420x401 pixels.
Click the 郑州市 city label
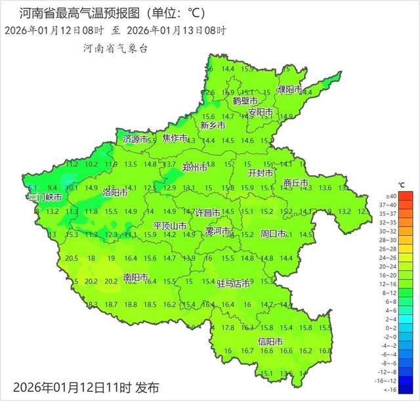[x=195, y=168]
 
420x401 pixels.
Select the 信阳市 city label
[x=270, y=341]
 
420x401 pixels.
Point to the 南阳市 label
[x=136, y=278]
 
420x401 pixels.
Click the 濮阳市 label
[x=289, y=89]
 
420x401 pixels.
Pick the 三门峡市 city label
[x=45, y=197]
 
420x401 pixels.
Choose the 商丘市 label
[x=296, y=183]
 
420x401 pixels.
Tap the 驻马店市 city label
[x=234, y=284]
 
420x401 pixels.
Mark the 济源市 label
[x=136, y=139]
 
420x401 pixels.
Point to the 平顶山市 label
[x=170, y=226]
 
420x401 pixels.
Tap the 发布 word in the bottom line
[x=147, y=387]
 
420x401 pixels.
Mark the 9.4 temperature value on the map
[x=53, y=188]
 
